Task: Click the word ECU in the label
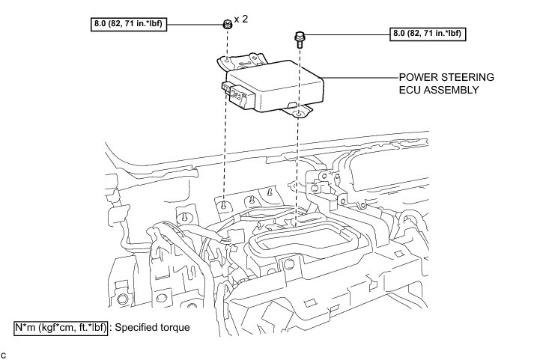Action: pos(409,90)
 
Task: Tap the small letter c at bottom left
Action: pos(4,353)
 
